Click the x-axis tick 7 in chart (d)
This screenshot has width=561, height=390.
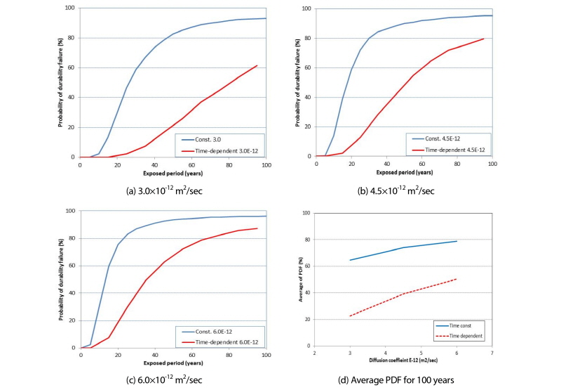click(x=493, y=353)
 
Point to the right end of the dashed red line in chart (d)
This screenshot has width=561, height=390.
click(x=457, y=279)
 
